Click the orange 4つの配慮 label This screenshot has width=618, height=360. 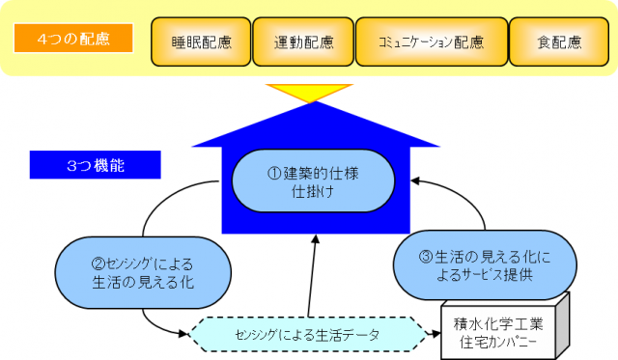pyautogui.click(x=73, y=40)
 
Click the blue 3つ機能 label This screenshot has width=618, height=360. pyautogui.click(x=95, y=165)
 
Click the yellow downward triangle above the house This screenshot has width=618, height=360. pyautogui.click(x=309, y=93)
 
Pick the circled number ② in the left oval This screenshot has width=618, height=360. pyautogui.click(x=98, y=262)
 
